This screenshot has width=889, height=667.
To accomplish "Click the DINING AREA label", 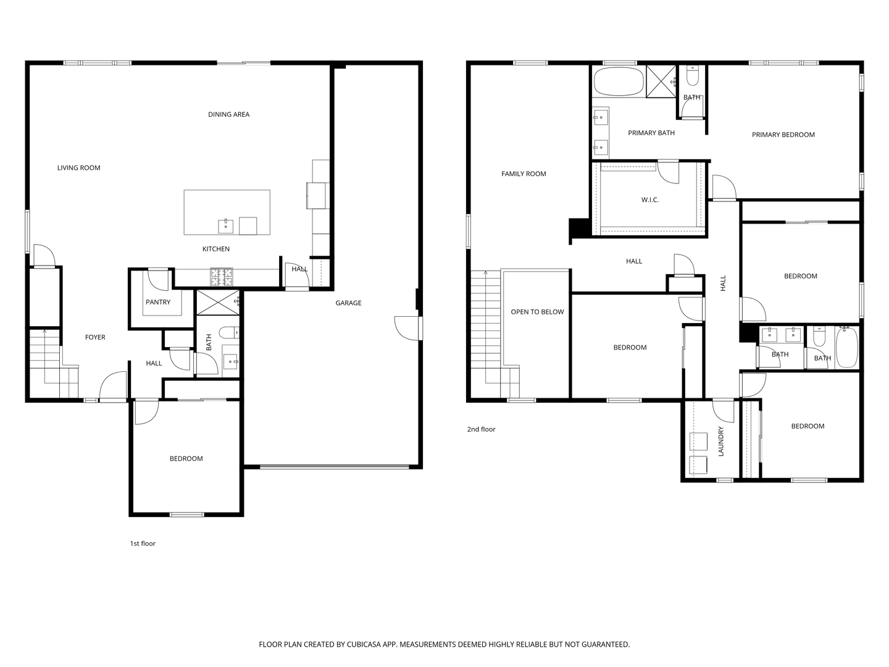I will tap(228, 114).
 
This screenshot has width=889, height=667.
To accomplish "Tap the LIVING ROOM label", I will tap(78, 168).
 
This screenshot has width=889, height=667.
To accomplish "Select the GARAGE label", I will tap(348, 303).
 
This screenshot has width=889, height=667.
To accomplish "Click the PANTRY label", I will tap(158, 302).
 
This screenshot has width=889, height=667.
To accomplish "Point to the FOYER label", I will tap(95, 337).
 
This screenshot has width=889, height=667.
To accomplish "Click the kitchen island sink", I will tap(225, 226).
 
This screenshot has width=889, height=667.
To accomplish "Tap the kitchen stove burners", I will tap(222, 277).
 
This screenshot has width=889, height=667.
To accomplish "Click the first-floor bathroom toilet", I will tap(230, 333).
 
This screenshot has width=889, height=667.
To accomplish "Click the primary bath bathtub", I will tap(618, 82).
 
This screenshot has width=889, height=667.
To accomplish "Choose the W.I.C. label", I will tap(649, 200).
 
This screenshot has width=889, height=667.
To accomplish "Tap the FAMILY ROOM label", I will tap(524, 174).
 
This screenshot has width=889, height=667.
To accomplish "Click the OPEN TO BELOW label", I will tap(537, 312).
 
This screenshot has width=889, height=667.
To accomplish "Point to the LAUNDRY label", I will tap(720, 441).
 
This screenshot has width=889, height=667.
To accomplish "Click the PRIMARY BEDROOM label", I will tap(783, 135).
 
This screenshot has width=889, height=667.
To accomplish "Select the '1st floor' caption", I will tap(143, 543).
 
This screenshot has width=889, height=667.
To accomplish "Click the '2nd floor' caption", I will tap(481, 429).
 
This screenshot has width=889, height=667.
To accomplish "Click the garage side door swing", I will tap(406, 327).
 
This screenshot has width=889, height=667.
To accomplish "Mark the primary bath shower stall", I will tap(661, 82).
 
